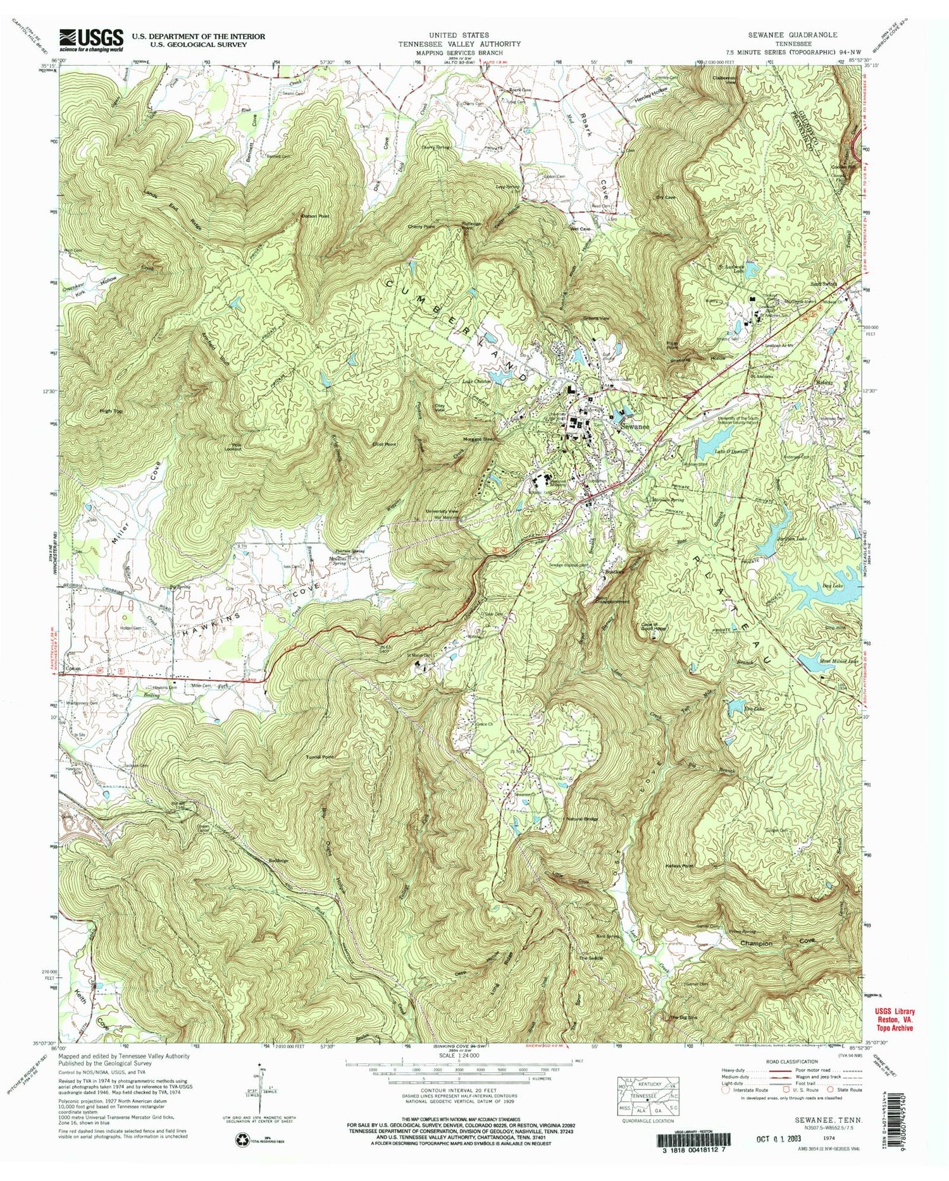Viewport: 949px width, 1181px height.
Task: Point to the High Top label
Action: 110,412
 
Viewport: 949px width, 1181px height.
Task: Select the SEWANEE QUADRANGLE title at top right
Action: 797,35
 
